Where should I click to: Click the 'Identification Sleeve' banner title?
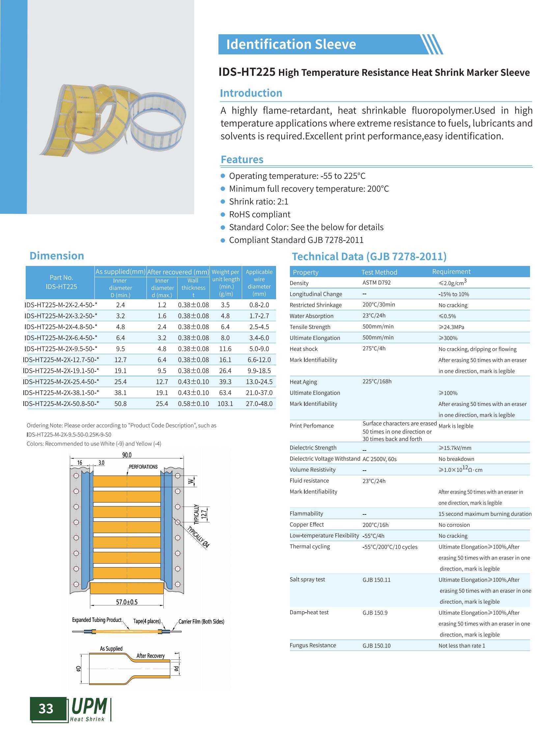[291, 44]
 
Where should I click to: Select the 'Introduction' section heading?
[251, 93]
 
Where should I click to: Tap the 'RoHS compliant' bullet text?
[259, 214]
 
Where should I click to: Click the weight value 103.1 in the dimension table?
[225, 404]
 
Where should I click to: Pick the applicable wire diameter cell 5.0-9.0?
[259, 349]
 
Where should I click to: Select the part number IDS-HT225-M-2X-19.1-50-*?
[61, 371]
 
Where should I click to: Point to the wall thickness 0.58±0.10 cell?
[193, 404]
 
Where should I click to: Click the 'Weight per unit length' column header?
[225, 282]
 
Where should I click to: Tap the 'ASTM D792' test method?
[376, 282]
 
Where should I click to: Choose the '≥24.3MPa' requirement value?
[451, 327]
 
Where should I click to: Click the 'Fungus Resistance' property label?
[313, 645]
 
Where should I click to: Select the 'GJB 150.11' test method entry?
[376, 580]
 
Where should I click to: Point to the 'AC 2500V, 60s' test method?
[379, 459]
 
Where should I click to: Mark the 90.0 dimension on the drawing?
[127, 455]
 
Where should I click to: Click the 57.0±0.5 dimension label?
[127, 602]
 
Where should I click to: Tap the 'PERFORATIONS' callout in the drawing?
[143, 467]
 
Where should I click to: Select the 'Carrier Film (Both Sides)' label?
[201, 621]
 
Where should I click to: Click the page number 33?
[46, 709]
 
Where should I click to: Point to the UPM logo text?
[89, 707]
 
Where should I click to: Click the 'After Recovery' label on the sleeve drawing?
[150, 655]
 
